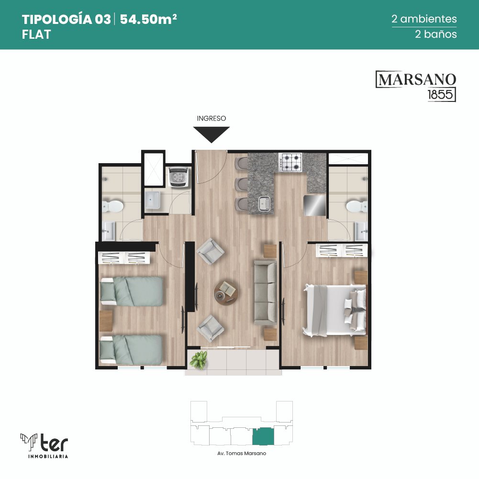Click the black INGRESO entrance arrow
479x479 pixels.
[x=212, y=134]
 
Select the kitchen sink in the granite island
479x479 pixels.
[x=265, y=204]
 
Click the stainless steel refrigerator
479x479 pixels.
[x=315, y=205]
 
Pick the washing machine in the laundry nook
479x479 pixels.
[x=179, y=177]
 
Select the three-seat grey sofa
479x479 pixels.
[x=266, y=292]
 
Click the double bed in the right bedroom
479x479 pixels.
[x=334, y=310]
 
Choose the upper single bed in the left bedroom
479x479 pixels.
[x=132, y=291]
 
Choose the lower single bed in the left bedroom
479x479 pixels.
[x=131, y=349]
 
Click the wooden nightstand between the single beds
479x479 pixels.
[x=106, y=321]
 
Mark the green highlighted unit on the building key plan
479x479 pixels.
[x=263, y=436]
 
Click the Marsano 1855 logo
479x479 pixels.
[x=416, y=86]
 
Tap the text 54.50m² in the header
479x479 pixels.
[x=148, y=19]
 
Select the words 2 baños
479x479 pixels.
[x=436, y=34]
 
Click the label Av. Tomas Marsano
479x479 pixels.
[x=242, y=453]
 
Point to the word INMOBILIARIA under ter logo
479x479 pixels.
[x=48, y=457]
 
